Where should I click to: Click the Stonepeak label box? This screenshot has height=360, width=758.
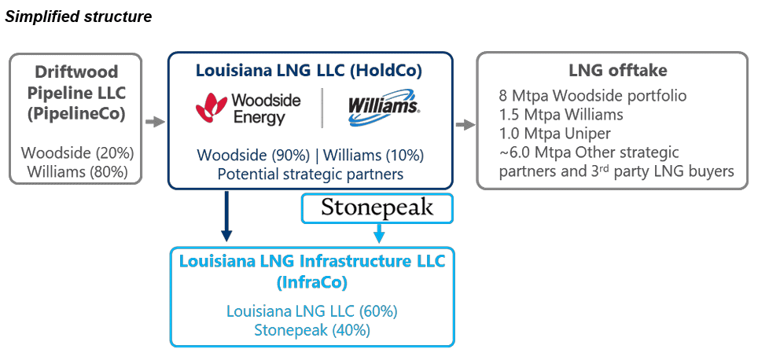point(377,208)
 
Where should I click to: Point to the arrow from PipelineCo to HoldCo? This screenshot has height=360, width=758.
point(155,122)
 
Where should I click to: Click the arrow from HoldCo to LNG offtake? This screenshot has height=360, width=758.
point(465,124)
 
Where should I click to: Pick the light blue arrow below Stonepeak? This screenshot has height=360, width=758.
point(378,233)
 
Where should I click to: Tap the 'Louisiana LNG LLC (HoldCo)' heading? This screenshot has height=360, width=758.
point(310,71)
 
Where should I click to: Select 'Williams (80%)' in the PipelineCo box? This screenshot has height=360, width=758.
point(76,171)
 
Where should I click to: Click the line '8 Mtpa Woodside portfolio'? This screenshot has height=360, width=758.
point(593,96)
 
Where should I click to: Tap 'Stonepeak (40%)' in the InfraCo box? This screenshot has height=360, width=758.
point(312,329)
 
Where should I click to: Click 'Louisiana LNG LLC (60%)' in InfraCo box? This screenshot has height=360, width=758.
point(312,311)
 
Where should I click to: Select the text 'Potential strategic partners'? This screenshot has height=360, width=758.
point(310,173)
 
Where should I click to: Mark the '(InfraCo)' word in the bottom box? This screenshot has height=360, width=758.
point(312,281)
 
